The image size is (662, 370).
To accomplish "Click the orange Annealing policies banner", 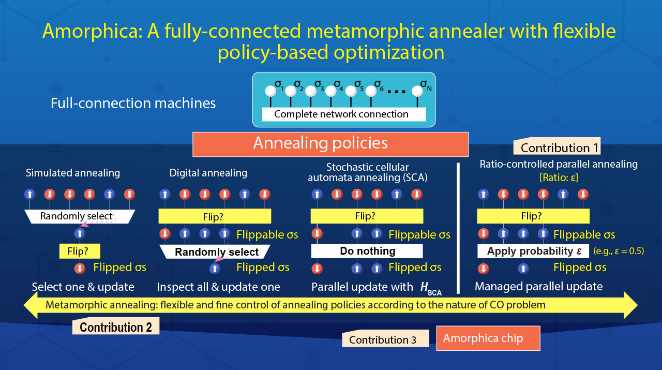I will coord(330,144).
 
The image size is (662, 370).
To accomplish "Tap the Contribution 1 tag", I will coord(558,147).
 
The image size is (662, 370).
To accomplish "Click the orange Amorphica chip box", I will coord(488,338).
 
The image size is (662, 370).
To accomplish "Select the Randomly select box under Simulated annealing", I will coord(79,216).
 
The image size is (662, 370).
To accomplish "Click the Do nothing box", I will coord(367,251).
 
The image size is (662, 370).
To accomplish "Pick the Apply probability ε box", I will coord(533,251).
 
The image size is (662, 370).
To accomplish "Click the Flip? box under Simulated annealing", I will coord(80,251).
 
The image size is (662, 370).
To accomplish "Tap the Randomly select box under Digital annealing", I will coord(216,252).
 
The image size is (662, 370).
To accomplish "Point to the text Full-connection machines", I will coord(133,103).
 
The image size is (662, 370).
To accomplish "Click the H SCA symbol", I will coord(430,288).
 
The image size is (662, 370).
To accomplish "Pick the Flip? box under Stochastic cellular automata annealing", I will coord(367,216).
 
